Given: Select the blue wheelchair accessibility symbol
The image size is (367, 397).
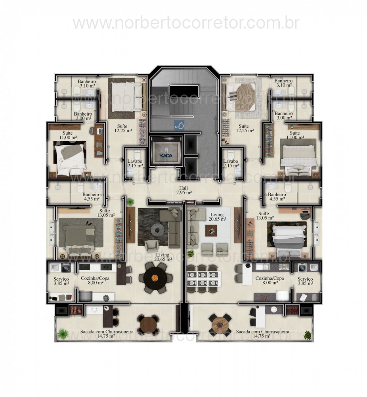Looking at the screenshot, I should [179, 125].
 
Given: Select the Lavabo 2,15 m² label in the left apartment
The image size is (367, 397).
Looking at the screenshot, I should [135, 164].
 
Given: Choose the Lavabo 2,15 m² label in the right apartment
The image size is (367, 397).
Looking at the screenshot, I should [231, 164].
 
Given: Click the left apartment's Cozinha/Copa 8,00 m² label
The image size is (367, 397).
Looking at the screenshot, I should [92, 281].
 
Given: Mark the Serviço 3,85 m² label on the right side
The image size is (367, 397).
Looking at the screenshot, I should [306, 281].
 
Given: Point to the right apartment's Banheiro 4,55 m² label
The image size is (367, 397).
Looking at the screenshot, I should [276, 197].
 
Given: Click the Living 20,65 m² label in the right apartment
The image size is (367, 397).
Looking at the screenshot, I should [218, 216].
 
